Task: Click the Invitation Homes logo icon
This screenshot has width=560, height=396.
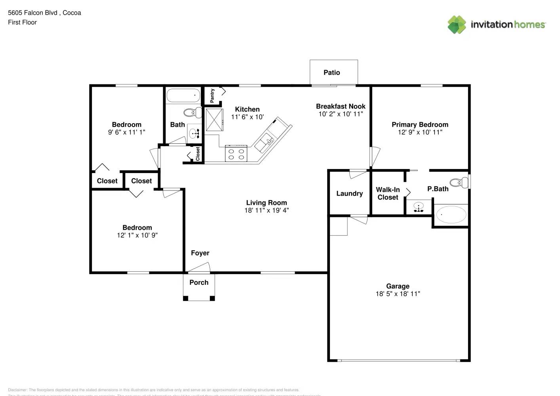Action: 457,25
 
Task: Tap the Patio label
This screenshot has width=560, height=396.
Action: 331,72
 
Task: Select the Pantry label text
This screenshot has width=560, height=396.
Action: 212,95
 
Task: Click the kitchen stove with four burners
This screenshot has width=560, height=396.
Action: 236,154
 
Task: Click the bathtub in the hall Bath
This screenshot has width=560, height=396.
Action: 183,95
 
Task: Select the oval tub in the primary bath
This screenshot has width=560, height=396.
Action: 451,215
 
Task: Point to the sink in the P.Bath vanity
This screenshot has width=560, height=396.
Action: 419,206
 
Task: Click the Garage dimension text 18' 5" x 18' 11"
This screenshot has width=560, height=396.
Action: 398,294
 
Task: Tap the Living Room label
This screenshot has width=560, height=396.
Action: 266,203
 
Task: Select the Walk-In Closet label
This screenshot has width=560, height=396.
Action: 388,194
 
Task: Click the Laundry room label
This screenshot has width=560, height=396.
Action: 349,194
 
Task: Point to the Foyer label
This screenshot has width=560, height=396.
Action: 200,253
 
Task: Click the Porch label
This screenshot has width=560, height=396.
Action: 199,283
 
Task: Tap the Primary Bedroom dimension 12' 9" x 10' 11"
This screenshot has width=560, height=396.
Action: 420,132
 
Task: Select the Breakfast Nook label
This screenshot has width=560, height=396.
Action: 341,107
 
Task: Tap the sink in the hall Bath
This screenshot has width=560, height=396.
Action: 194,133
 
